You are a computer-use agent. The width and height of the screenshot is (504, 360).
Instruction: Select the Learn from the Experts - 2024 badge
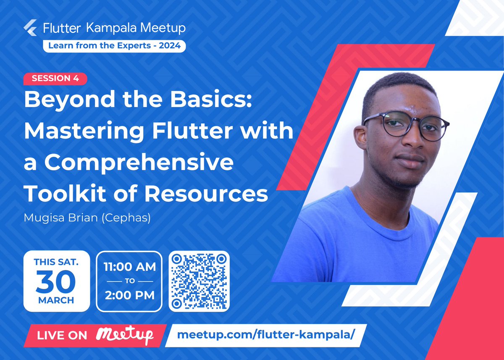coord(114,45)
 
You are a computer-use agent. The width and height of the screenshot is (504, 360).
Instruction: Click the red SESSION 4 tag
coord(55,78)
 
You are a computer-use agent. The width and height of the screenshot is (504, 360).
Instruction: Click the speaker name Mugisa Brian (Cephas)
coord(87,218)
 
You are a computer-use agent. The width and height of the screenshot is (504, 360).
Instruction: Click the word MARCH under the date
coord(56,301)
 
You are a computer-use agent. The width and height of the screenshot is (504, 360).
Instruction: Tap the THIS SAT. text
coord(56,262)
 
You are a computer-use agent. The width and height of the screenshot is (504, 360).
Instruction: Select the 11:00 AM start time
coord(129,267)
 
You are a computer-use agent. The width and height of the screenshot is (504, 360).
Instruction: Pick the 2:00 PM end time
coord(129,295)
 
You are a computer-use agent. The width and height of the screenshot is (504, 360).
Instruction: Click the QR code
coord(199,281)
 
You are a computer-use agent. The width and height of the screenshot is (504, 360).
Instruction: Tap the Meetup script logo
coord(125,335)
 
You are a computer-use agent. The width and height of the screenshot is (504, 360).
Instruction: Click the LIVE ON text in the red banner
coord(62,336)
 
